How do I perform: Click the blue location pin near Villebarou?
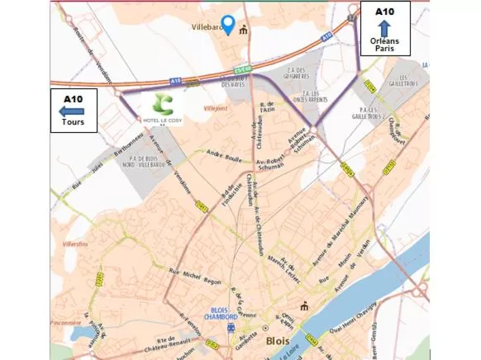(228, 25)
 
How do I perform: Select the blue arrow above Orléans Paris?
(384, 29)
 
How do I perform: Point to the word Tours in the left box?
(73, 123)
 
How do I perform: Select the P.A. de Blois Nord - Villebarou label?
(132, 161)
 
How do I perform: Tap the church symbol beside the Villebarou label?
(244, 31)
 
